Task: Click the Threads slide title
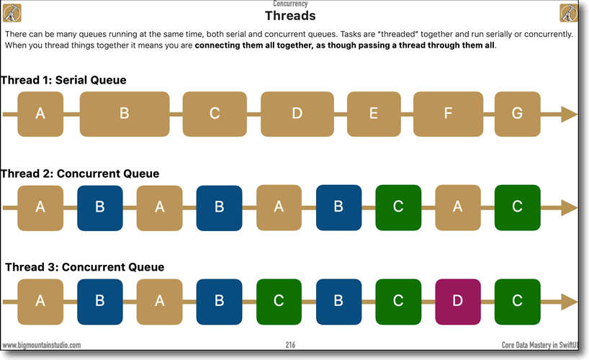pos(290,16)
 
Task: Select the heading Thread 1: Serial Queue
pos(63,80)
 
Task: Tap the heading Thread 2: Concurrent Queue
pos(79,174)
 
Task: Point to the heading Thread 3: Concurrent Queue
pos(84,267)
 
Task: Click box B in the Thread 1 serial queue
pos(124,114)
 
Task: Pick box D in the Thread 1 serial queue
pos(297,114)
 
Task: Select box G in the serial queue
pos(517,114)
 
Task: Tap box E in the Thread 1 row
pos(373,114)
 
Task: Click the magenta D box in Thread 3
pos(457,301)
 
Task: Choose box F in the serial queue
pos(448,114)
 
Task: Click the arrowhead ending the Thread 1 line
pos(569,114)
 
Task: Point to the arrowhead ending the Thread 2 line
pos(569,207)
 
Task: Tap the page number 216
pos(290,345)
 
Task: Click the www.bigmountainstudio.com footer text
pos(41,346)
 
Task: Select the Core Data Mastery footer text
pos(544,346)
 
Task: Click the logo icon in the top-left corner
pos(12,13)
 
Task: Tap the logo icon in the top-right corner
pos(569,13)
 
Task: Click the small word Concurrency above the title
pos(290,4)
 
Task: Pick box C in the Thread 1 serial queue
pos(215,114)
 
